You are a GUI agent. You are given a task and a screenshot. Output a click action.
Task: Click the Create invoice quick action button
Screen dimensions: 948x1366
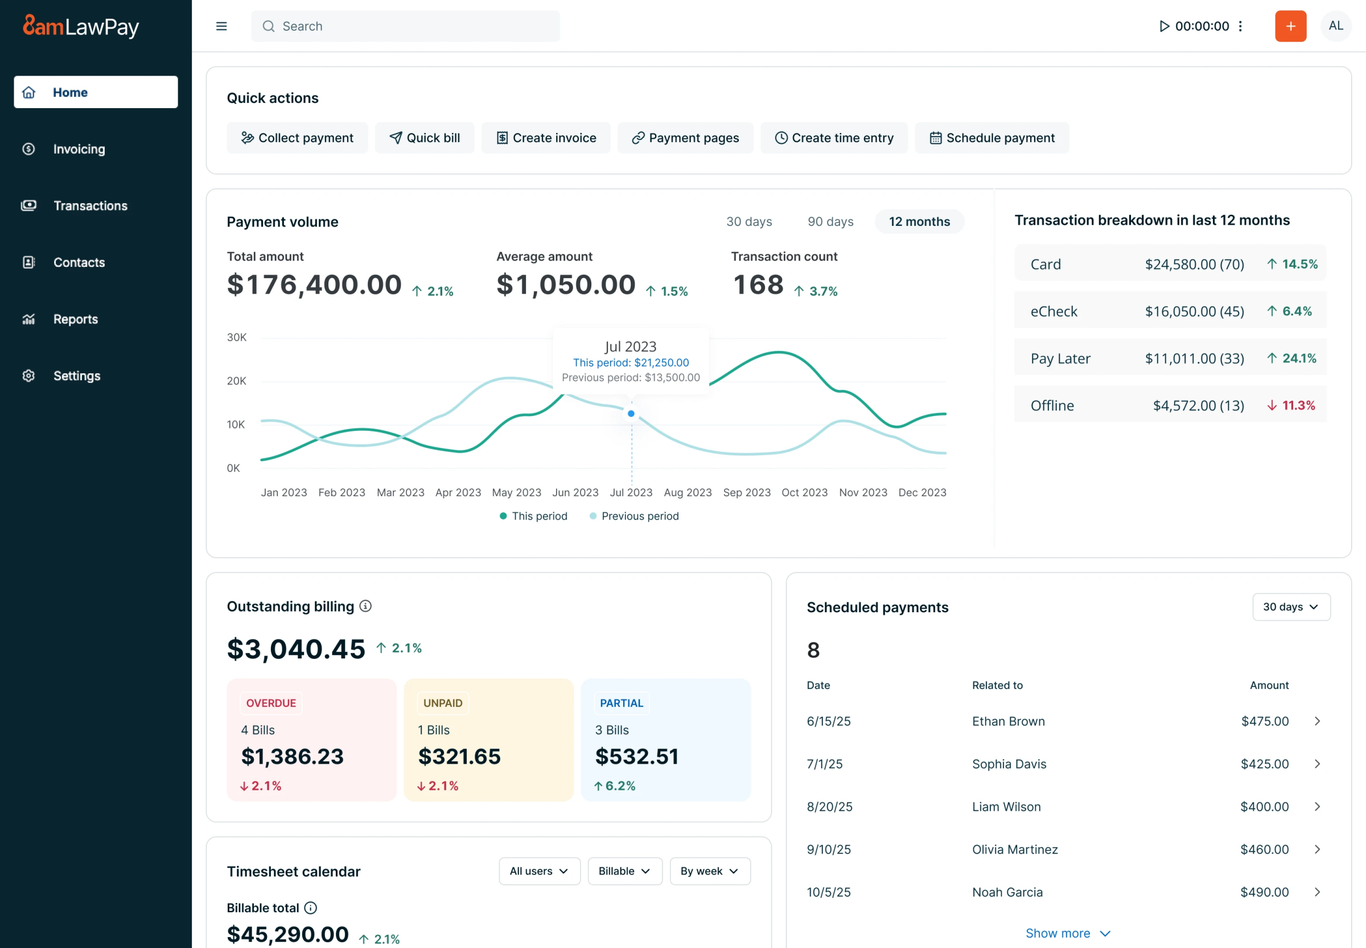[x=545, y=138]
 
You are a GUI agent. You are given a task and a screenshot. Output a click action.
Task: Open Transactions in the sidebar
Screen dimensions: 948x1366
[x=90, y=205]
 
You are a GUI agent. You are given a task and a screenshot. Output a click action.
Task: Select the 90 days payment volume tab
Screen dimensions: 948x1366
[x=829, y=221]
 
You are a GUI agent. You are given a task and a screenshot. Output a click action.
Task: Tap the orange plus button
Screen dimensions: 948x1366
[x=1290, y=26]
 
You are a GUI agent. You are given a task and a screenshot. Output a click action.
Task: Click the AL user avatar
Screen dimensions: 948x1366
[x=1335, y=26]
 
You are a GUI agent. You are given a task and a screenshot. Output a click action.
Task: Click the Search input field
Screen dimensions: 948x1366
[x=405, y=26]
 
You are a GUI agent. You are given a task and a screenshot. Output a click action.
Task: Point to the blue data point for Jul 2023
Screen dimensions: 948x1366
[x=631, y=414]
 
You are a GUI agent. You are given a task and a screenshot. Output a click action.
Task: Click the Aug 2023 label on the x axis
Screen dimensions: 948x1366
[x=688, y=492]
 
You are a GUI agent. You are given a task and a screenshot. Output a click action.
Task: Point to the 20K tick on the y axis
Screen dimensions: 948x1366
[x=236, y=381]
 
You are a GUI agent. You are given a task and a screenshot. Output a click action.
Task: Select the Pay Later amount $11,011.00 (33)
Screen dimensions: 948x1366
[x=1194, y=358]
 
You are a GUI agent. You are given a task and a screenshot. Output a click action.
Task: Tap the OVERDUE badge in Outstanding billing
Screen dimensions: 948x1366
[x=271, y=703]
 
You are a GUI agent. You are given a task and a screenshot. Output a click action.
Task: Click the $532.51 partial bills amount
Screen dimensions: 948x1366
[x=636, y=756]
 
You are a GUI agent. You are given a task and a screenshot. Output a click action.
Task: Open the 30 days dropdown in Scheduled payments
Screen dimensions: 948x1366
[x=1290, y=607]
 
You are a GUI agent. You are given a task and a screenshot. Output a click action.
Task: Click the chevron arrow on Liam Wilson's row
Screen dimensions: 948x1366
[x=1316, y=807]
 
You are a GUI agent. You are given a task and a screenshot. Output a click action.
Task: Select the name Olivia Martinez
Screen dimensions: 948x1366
[x=1014, y=850]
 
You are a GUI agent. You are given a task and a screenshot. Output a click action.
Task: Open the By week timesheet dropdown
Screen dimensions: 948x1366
[x=709, y=871]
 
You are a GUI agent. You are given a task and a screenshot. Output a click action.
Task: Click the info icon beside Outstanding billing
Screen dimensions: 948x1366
[x=365, y=606]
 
